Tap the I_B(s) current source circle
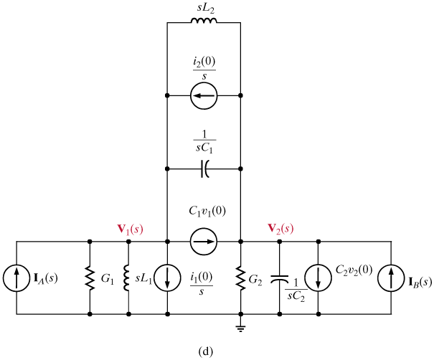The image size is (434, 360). (x=391, y=277)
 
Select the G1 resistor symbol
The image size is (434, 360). (x=90, y=277)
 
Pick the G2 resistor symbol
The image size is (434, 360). (x=240, y=277)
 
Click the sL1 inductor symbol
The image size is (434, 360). (x=128, y=277)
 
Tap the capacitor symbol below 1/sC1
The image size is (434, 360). (x=204, y=169)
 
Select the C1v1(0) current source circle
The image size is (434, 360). (x=204, y=242)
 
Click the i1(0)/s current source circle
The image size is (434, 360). (x=166, y=277)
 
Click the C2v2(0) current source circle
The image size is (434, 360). (x=316, y=277)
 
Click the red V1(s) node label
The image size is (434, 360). (x=130, y=229)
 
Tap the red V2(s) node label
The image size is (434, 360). (x=280, y=229)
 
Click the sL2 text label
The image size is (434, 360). (x=204, y=7)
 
